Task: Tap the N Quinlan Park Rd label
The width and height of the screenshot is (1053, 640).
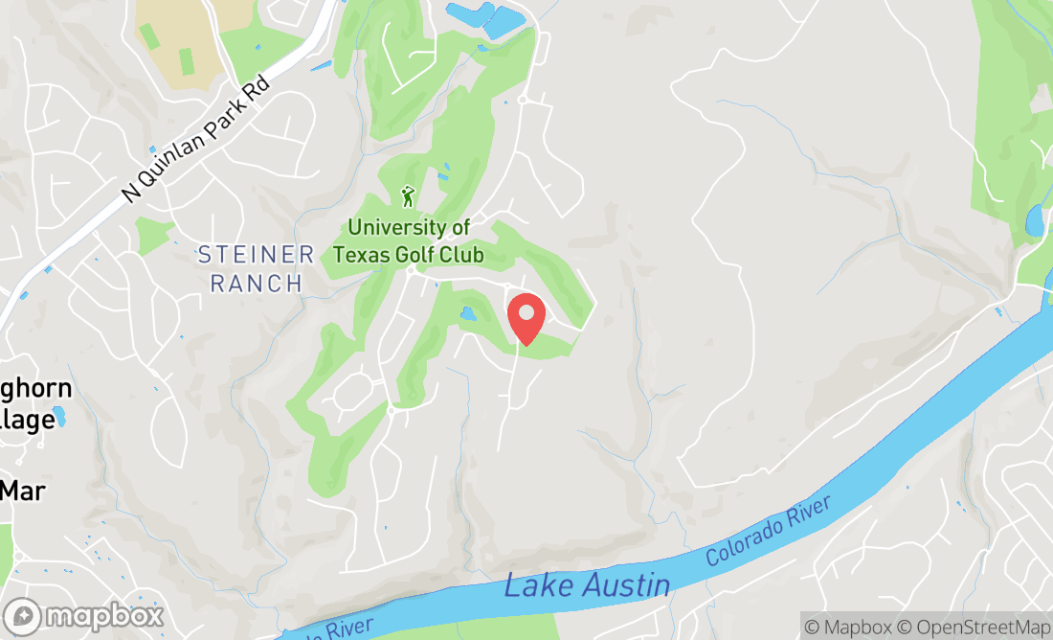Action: pos(197,139)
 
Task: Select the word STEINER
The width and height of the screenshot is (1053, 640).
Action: pos(256,255)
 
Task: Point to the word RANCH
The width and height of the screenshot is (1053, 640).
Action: pos(256,284)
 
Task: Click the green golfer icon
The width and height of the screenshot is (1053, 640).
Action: pos(409,196)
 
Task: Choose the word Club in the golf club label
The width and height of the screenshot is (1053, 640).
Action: pos(458,255)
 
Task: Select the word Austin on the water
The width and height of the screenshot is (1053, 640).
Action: pos(625,582)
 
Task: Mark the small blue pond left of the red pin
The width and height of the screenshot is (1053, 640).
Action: pos(468,313)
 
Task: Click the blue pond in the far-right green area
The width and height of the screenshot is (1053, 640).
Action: pos(1035,220)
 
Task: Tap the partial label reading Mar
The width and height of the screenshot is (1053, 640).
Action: pos(23,491)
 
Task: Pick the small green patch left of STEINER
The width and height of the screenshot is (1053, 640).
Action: pos(152,235)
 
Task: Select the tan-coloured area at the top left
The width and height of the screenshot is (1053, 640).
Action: pos(182,38)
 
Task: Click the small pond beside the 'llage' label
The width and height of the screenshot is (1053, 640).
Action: pos(59,416)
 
